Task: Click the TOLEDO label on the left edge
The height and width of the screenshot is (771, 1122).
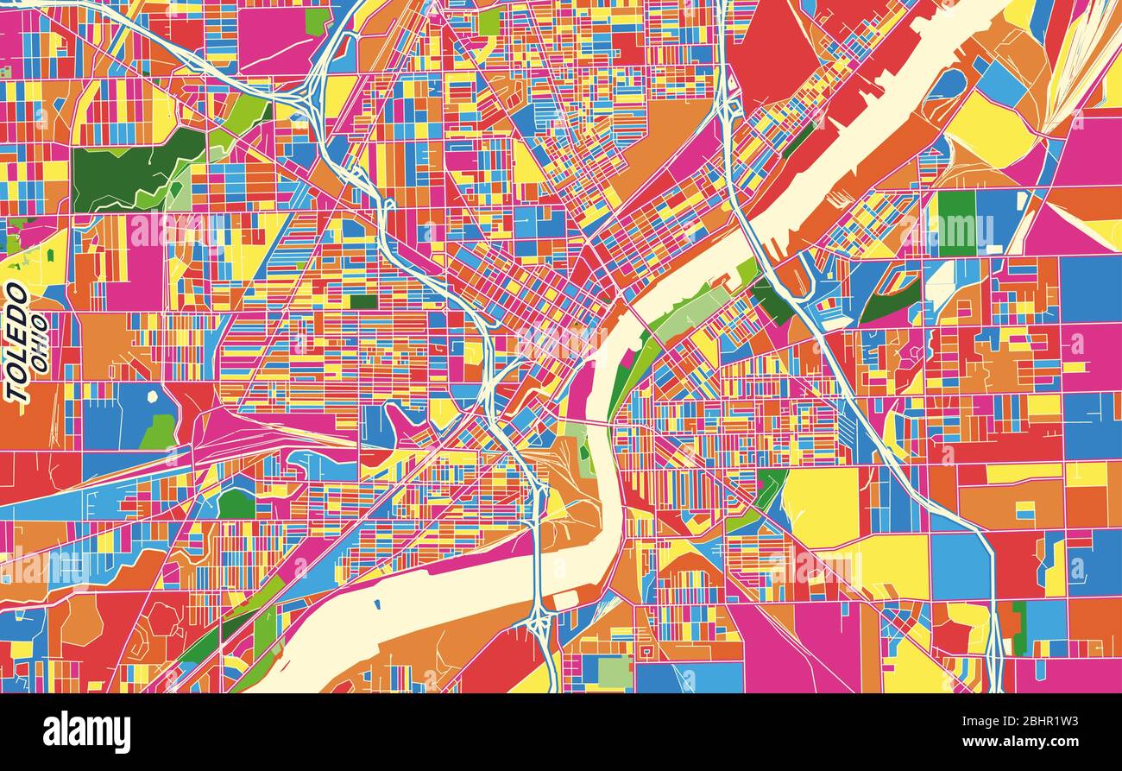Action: [17, 343]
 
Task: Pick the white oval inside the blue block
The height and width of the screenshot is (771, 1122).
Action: [152, 397]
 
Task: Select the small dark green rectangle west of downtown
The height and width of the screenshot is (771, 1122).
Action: [363, 302]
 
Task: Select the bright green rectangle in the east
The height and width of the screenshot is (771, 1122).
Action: [955, 222]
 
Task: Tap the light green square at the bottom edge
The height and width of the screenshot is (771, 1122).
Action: [615, 672]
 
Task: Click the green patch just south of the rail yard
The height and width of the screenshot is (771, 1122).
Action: [235, 503]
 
